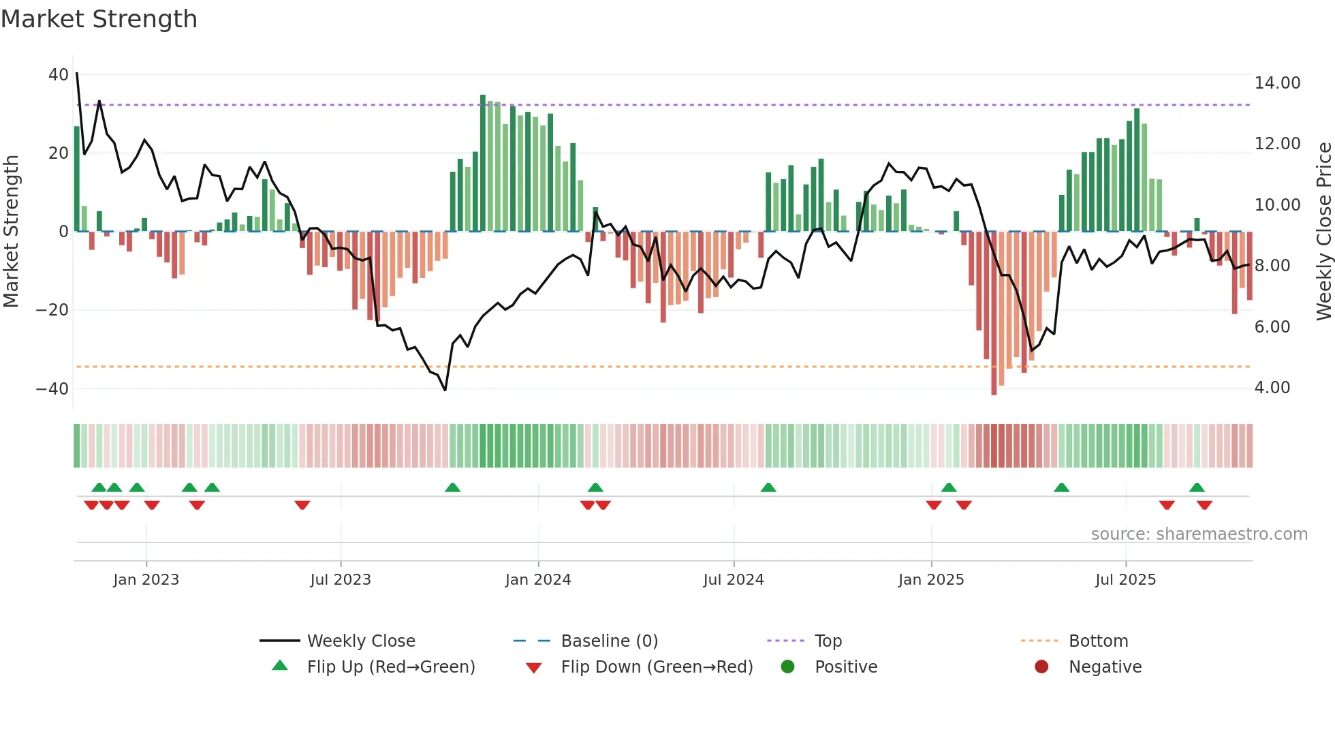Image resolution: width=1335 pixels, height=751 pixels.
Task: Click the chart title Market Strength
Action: click(99, 19)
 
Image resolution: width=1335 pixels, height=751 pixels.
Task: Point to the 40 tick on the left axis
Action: click(59, 74)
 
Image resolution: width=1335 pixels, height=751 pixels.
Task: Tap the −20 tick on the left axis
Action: click(52, 310)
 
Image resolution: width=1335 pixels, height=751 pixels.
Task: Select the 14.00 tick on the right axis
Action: click(1277, 83)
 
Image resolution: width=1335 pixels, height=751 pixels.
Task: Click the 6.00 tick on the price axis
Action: click(1272, 327)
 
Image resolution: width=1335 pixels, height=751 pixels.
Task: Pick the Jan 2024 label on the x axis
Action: click(537, 580)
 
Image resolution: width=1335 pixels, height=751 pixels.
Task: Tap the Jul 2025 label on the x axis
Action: click(1125, 580)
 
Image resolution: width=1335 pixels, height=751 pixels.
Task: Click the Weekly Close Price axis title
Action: click(1323, 232)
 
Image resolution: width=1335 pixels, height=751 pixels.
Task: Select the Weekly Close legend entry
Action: click(360, 641)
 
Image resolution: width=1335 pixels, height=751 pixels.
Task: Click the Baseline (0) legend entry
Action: click(609, 641)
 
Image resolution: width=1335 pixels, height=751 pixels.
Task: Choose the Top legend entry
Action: click(828, 641)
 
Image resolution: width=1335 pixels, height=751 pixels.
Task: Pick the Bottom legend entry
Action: click(1098, 641)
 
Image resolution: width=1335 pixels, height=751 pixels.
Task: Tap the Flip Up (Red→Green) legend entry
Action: click(390, 667)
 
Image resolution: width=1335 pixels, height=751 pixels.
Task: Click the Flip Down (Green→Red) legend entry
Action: click(657, 667)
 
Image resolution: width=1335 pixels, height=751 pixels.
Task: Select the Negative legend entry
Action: click(1104, 667)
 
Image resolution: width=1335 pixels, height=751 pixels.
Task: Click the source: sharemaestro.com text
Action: click(1199, 534)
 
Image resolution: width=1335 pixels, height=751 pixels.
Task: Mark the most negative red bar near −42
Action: click(994, 313)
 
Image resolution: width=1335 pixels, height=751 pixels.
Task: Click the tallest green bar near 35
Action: click(483, 164)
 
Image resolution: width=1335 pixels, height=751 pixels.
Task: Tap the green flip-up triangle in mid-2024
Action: click(768, 487)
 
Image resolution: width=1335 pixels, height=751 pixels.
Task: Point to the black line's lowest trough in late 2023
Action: click(445, 390)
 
